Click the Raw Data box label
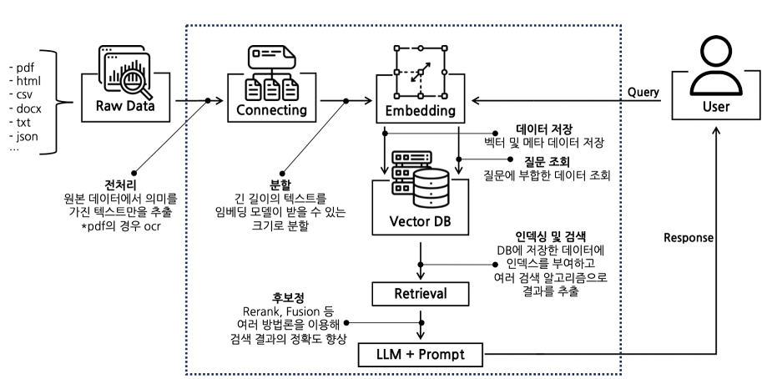pyautogui.click(x=125, y=106)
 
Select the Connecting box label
pyautogui.click(x=271, y=109)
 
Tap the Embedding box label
pyautogui.click(x=421, y=110)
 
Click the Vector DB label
pyautogui.click(x=420, y=221)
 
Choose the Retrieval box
pyautogui.click(x=420, y=294)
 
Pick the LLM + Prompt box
pyautogui.click(x=421, y=355)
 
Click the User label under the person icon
pyautogui.click(x=715, y=107)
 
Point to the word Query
pyautogui.click(x=643, y=92)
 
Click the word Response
pyautogui.click(x=689, y=238)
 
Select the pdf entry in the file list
pyautogui.click(x=22, y=68)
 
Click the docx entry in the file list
pyautogui.click(x=25, y=109)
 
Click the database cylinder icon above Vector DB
pyautogui.click(x=431, y=188)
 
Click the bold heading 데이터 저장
pyautogui.click(x=544, y=129)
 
